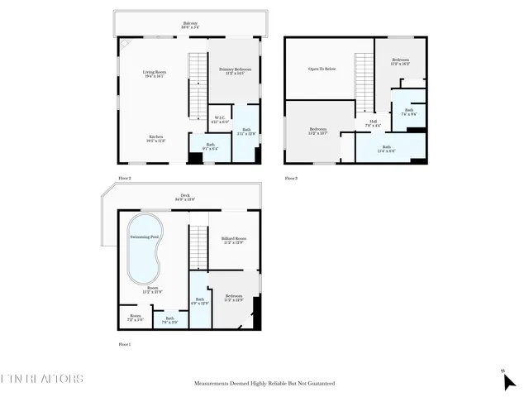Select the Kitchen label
[155, 138]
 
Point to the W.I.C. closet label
[219, 119]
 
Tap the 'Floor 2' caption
[125, 178]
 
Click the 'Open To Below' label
[322, 69]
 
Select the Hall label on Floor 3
[374, 124]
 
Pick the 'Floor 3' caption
[291, 178]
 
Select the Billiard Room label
[234, 241]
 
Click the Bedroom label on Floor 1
[234, 298]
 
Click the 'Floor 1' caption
[125, 344]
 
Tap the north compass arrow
[509, 381]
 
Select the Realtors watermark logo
[41, 380]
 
